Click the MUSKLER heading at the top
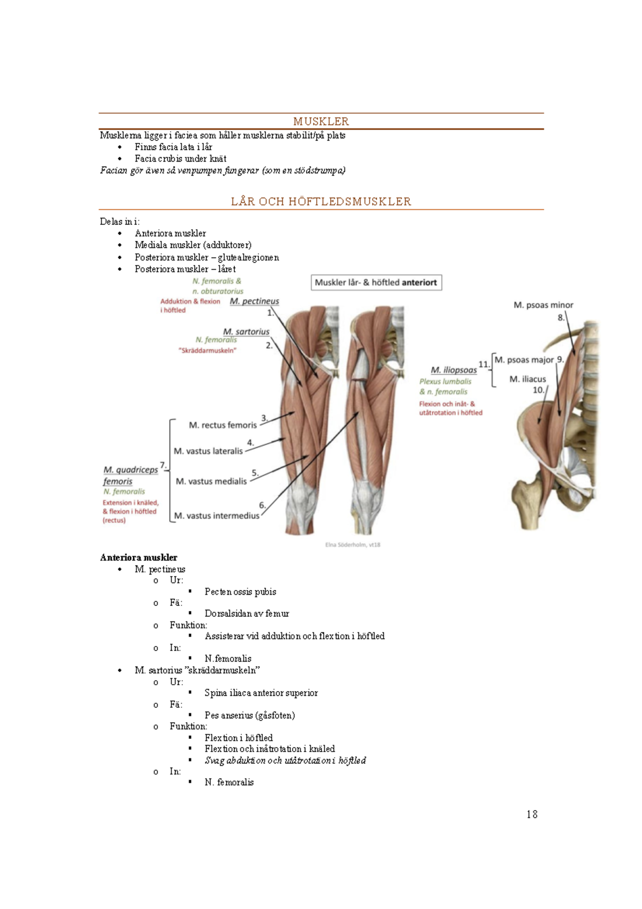(321, 122)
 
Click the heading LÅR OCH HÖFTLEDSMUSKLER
(321, 202)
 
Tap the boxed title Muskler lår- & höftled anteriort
(376, 283)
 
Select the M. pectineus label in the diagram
(254, 301)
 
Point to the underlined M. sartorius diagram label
(246, 332)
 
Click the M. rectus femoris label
(223, 425)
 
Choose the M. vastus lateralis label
(208, 451)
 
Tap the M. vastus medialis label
(211, 481)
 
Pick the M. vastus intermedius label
(217, 516)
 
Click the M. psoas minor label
(543, 305)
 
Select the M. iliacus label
(528, 379)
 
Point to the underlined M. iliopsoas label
(454, 370)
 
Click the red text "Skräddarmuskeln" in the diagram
(207, 351)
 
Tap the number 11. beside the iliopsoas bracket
(484, 365)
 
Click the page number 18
(532, 814)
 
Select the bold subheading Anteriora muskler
(139, 557)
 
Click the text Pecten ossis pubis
(240, 592)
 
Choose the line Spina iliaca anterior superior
(261, 693)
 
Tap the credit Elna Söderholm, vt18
(353, 545)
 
